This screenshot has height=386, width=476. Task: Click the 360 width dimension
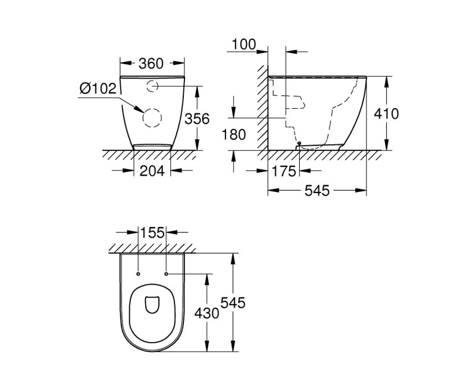point(151,63)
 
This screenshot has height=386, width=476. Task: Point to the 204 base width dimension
point(151,171)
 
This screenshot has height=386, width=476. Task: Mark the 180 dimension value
point(234,135)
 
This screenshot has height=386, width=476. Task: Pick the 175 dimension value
point(283,172)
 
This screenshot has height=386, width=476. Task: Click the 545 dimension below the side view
point(317,191)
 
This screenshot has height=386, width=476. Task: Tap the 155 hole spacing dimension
point(152,233)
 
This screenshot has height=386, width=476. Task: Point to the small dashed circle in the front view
point(152,86)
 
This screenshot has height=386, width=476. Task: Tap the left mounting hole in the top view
point(138,274)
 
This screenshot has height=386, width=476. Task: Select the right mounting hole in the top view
point(166,274)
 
